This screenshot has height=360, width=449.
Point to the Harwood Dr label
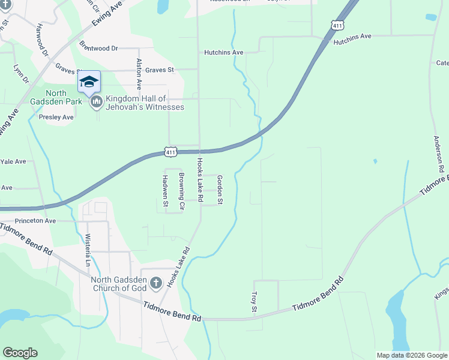tap(41, 39)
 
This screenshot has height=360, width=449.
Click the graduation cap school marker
tap(89, 82)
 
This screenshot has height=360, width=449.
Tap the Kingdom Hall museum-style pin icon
tap(96, 103)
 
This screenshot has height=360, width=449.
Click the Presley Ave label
tap(56, 117)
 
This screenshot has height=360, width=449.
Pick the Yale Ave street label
tap(13, 161)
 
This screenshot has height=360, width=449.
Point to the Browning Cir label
tap(181, 191)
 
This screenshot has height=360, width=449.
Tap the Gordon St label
tap(220, 190)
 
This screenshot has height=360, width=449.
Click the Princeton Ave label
tap(35, 221)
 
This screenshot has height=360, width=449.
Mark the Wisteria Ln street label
tap(88, 250)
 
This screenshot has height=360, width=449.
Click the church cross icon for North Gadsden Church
tap(155, 283)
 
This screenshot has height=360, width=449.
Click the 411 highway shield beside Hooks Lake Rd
tap(171, 152)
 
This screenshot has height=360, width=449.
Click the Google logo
tap(20, 353)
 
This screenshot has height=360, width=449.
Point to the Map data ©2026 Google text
tap(411, 355)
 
